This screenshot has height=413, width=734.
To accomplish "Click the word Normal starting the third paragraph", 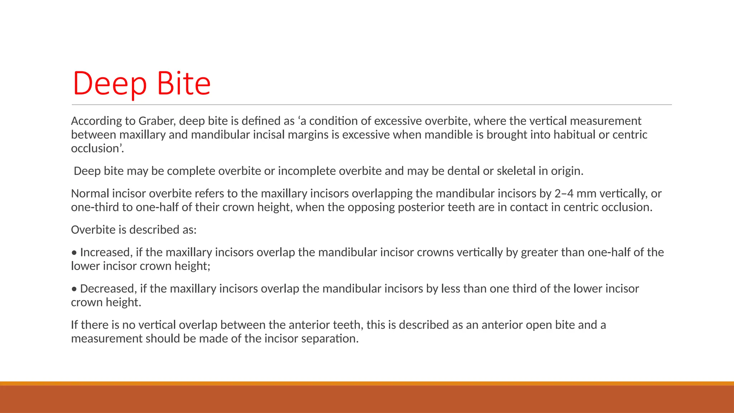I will [90, 194].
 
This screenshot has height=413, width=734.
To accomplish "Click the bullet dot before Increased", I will [74, 253].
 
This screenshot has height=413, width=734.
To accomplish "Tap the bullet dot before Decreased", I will [74, 289].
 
